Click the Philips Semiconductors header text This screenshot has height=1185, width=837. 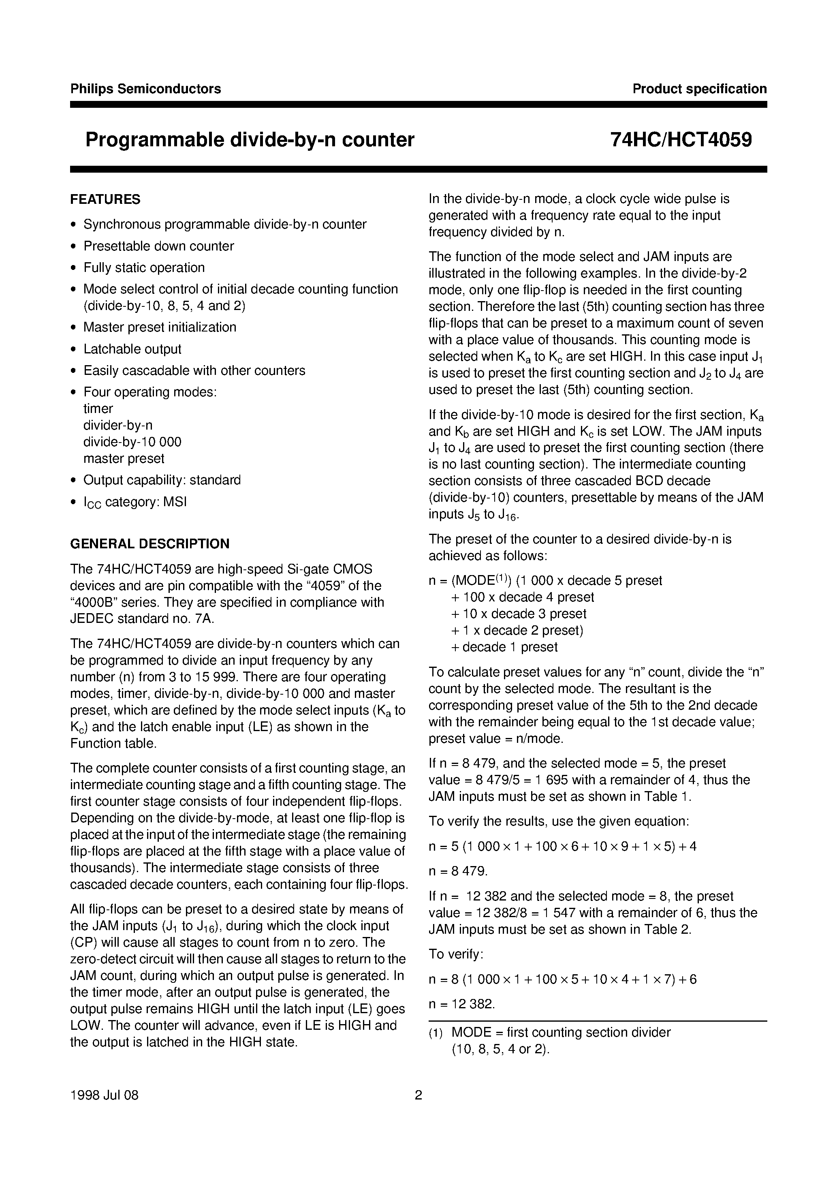click(145, 89)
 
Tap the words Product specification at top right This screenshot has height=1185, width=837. click(699, 89)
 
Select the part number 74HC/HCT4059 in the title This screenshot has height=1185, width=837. click(681, 140)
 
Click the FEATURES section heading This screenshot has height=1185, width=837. click(105, 199)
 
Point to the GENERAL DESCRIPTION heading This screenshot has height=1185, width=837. click(149, 543)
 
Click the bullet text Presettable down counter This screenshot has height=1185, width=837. click(158, 246)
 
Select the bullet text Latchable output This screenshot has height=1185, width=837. click(132, 349)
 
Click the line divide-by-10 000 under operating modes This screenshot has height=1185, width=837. click(132, 442)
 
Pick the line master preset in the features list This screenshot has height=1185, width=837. click(124, 458)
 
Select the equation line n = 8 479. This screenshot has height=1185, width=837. click(458, 871)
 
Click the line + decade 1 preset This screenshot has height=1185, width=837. click(504, 647)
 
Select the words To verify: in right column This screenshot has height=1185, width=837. click(456, 954)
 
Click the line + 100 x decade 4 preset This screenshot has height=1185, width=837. click(522, 597)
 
